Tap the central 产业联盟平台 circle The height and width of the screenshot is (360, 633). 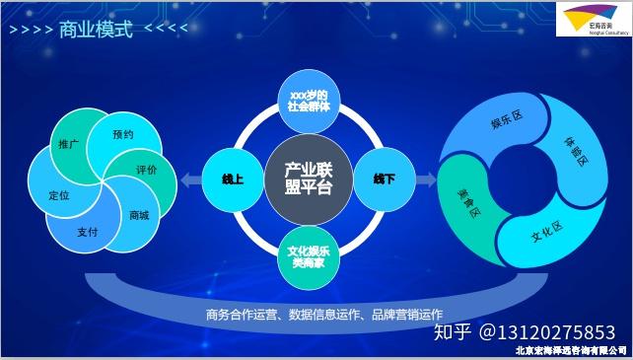[x=309, y=179]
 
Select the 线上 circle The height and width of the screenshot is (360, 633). [x=234, y=179]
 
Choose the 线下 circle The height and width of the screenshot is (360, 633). [x=384, y=179]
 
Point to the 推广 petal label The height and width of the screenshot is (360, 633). [x=69, y=145]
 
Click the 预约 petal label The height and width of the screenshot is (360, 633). [x=122, y=134]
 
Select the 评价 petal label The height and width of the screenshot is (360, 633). [x=147, y=170]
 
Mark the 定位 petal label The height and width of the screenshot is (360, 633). [x=59, y=195]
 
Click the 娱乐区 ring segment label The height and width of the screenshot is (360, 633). [x=506, y=121]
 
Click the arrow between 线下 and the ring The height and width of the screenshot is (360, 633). [x=425, y=180]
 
